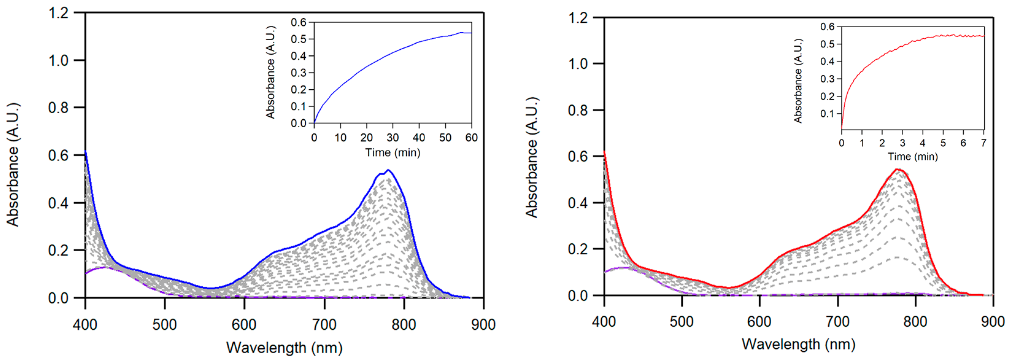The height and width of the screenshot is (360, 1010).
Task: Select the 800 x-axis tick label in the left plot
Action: [x=404, y=325]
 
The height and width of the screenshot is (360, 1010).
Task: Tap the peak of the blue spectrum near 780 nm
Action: [x=388, y=170]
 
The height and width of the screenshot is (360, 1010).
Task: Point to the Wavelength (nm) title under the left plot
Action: [x=284, y=348]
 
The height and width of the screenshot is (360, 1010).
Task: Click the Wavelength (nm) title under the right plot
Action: [x=798, y=344]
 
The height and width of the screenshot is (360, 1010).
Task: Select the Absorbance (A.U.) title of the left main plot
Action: [x=13, y=165]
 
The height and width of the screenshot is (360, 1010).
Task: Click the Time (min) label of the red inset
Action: [x=913, y=157]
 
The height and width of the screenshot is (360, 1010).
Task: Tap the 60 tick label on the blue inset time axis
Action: [x=471, y=137]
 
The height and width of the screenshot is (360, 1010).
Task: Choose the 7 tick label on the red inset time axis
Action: [x=984, y=143]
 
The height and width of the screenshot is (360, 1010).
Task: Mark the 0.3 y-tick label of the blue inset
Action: [x=299, y=73]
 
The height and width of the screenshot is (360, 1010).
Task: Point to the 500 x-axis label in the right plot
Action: [x=681, y=322]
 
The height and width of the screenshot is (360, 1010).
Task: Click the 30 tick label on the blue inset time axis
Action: [x=392, y=137]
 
